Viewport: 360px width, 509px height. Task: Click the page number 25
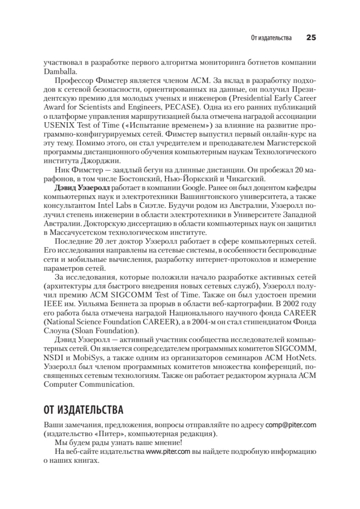[x=311, y=38]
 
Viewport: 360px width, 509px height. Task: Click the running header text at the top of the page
[x=271, y=38]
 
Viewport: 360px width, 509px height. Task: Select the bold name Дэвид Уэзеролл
[x=83, y=187]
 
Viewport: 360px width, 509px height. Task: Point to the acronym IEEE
[x=51, y=304]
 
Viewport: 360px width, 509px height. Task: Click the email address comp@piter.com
[x=290, y=425]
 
